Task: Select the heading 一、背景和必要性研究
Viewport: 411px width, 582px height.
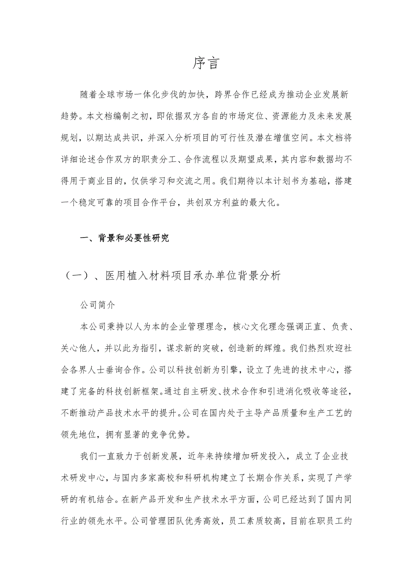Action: coord(125,238)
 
